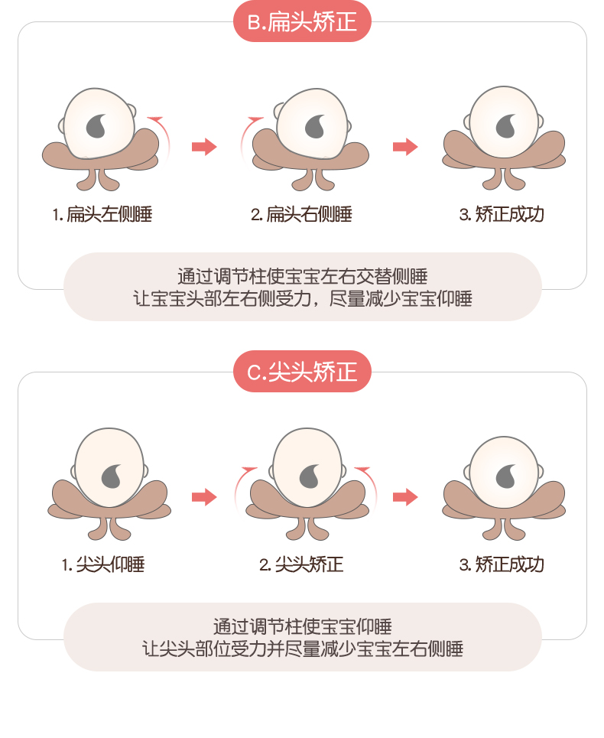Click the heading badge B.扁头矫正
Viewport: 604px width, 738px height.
coord(302,21)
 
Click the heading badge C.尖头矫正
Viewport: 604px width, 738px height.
coord(302,372)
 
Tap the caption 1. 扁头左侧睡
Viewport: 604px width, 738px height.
coord(102,214)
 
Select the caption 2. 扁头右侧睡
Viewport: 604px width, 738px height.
coord(301,214)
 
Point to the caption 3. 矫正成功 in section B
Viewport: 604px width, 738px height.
coord(502,214)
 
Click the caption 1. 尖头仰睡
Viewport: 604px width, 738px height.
coord(103,565)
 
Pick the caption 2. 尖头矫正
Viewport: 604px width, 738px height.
coord(301,565)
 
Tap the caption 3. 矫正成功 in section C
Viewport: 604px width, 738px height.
coord(502,565)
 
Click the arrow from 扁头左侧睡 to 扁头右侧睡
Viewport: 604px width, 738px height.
coord(204,147)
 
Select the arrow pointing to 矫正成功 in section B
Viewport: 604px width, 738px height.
coord(405,147)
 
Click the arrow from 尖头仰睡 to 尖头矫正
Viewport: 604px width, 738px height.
coord(204,497)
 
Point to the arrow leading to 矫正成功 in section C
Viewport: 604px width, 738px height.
coord(405,497)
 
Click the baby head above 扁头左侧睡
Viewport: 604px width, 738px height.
coord(99,124)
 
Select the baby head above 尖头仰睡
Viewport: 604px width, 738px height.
coord(108,468)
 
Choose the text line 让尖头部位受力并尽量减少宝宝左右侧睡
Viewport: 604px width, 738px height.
coord(302,649)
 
